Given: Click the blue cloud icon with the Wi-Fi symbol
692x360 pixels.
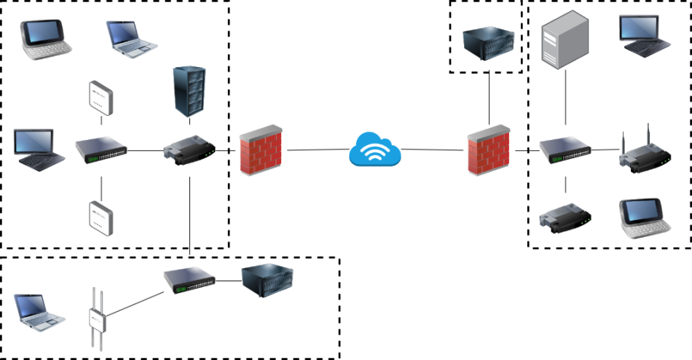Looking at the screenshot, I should [375, 150].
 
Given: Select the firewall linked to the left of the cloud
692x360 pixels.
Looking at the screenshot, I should [261, 149].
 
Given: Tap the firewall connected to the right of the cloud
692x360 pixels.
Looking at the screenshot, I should [489, 149].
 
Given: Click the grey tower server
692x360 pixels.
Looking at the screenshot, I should [565, 42].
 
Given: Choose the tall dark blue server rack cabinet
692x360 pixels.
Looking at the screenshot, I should [189, 90].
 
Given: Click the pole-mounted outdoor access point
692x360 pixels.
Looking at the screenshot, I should [98, 318].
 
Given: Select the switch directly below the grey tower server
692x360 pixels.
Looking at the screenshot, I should [565, 150].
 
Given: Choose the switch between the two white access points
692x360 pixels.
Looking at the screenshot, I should [101, 150].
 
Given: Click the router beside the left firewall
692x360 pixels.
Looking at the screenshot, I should [189, 150].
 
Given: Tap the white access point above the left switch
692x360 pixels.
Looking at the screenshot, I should [101, 97].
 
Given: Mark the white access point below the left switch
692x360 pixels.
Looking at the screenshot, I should [101, 216].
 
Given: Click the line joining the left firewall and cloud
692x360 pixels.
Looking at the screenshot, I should [318, 150].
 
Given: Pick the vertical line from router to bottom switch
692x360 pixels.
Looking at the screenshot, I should [189, 215].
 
